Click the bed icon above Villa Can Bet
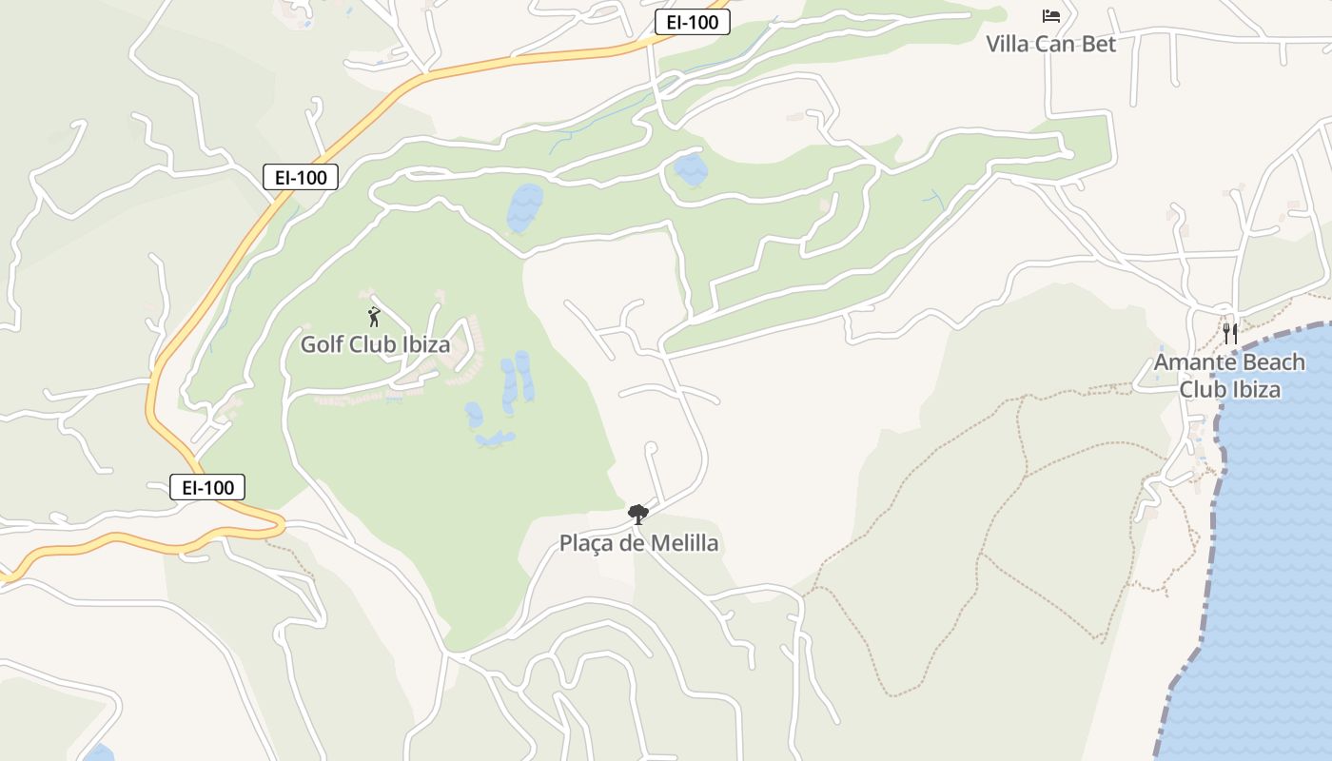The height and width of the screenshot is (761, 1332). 1050,16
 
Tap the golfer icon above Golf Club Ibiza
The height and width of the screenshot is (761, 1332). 374,317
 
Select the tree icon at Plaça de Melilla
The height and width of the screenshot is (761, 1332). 638,515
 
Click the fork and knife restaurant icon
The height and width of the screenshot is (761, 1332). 1230,333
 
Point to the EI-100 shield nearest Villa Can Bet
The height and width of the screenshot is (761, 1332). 692,23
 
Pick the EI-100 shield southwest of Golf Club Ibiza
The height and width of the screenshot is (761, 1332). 207,488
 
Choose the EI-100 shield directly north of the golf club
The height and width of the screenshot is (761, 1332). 300,177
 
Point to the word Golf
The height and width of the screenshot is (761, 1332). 321,344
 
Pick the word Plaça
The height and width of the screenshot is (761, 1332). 585,543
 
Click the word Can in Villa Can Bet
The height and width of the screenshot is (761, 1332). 1056,44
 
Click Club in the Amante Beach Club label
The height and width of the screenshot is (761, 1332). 1203,389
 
